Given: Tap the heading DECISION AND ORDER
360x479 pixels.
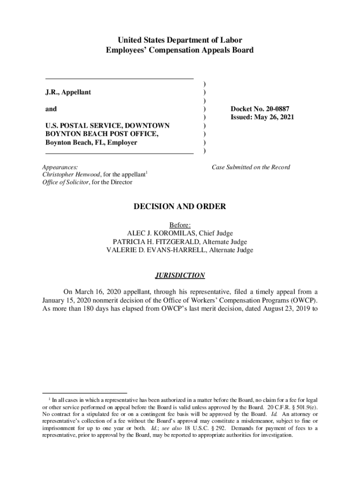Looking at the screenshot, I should point(180,207).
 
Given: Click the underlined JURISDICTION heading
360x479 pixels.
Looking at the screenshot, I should point(180,276).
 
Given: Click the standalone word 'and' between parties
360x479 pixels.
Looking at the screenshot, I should point(51,109).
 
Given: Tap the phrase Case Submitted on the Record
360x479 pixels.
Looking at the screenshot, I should point(251,167).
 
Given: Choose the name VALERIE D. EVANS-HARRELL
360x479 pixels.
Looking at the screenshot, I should point(157,250).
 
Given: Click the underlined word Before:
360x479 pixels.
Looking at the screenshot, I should point(180,225).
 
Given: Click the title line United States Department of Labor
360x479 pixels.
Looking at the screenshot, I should point(180,40).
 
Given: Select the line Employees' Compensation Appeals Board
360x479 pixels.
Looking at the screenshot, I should point(180,50).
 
